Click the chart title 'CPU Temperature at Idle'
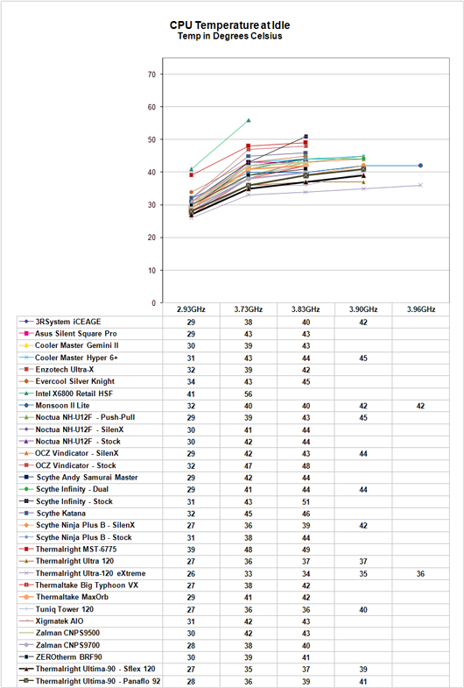pyautogui.click(x=229, y=25)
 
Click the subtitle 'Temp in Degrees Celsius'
pyautogui.click(x=229, y=36)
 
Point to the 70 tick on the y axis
pyautogui.click(x=152, y=74)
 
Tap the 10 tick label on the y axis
pyautogui.click(x=152, y=270)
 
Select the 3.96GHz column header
pyautogui.click(x=420, y=309)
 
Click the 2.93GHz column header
pyautogui.click(x=191, y=309)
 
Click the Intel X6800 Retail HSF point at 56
pyautogui.click(x=249, y=120)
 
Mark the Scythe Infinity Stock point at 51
pyautogui.click(x=306, y=137)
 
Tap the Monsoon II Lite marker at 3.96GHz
pyautogui.click(x=420, y=166)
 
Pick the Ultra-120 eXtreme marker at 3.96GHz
pyautogui.click(x=420, y=185)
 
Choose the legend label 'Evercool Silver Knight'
pyautogui.click(x=75, y=381)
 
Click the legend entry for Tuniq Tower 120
pyautogui.click(x=65, y=609)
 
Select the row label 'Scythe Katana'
pyautogui.click(x=61, y=514)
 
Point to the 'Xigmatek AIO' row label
pyautogui.click(x=60, y=621)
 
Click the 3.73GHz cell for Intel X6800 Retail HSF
pyautogui.click(x=249, y=394)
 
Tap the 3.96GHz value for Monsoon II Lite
pyautogui.click(x=420, y=406)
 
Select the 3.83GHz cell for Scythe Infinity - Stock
pyautogui.click(x=306, y=501)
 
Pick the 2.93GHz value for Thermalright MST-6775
pyautogui.click(x=191, y=550)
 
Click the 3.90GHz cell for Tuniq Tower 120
pyautogui.click(x=363, y=609)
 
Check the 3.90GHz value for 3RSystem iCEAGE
pyautogui.click(x=363, y=322)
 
